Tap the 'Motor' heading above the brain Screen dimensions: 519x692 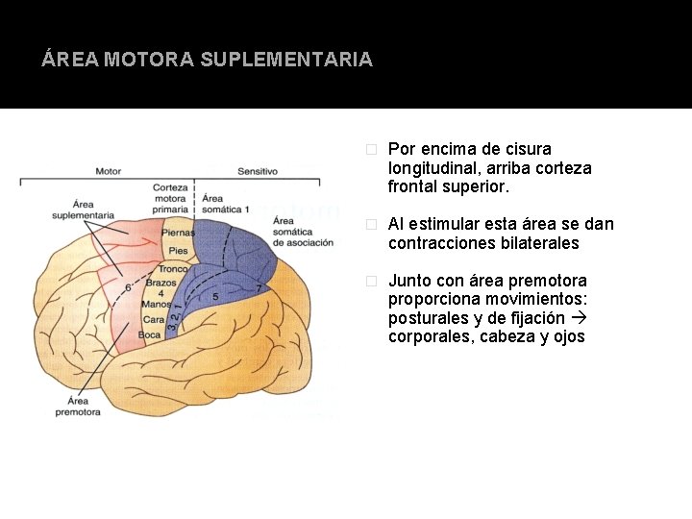pos(108,171)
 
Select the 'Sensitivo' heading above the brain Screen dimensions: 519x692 pos(257,171)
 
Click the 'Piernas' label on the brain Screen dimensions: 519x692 pos(178,232)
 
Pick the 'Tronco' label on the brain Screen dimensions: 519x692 pos(172,269)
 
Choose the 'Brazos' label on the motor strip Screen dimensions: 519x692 pos(161,283)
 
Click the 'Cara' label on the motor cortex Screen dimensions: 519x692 pos(154,319)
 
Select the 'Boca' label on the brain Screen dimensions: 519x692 pos(150,334)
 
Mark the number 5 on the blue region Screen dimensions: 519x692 pos(215,297)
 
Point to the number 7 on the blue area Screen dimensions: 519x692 pos(258,287)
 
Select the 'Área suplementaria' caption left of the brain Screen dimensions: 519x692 pos(85,210)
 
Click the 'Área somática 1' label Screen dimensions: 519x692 pos(226,203)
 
